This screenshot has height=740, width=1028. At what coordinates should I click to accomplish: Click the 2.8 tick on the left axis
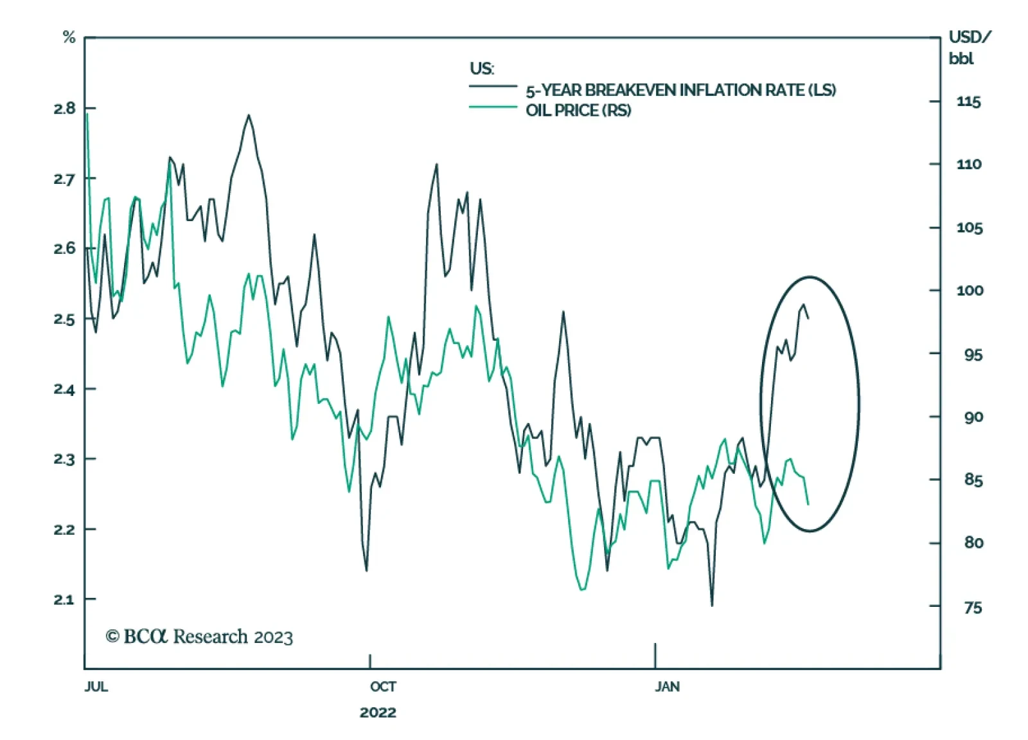click(64, 108)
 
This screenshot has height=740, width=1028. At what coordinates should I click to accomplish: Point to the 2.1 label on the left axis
click(64, 600)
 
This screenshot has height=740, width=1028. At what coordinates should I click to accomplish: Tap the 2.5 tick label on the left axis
click(64, 320)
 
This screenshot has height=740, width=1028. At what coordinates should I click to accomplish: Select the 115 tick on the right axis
click(968, 102)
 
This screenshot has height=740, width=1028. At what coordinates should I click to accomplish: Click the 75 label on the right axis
click(973, 608)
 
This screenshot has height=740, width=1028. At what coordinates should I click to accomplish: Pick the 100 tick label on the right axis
click(970, 291)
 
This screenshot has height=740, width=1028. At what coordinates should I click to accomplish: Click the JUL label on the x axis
click(96, 687)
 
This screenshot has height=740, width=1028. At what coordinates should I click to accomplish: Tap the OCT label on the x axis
click(383, 687)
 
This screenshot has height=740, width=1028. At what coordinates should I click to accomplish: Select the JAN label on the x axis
click(667, 687)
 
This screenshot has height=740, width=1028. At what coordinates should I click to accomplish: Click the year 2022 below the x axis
click(378, 712)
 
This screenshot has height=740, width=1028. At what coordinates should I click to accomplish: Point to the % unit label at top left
click(69, 37)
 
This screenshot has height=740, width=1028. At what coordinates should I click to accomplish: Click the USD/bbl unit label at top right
click(969, 48)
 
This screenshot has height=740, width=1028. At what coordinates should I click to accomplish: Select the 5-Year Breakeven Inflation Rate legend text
click(680, 90)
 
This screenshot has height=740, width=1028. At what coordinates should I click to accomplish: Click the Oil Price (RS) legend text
click(578, 111)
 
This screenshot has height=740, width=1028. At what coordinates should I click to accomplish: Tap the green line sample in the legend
click(493, 107)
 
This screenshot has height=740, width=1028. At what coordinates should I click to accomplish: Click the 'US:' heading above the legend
click(482, 68)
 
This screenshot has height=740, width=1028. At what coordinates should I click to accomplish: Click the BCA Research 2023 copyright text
click(199, 636)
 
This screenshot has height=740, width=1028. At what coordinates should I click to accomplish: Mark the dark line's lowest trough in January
click(712, 605)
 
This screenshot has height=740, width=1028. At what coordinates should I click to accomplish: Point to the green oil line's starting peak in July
click(87, 114)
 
